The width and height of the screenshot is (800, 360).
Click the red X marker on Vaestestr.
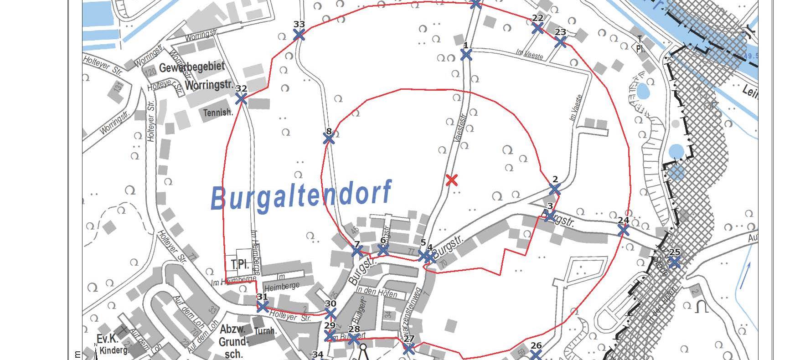(451, 180)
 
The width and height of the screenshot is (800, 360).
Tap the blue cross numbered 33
(299, 34)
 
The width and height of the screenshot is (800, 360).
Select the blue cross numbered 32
(241, 98)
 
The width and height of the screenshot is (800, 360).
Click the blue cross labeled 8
(329, 138)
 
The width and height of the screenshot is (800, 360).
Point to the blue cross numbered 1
(466, 55)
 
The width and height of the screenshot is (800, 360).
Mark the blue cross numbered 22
(537, 28)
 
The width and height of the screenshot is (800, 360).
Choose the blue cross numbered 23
(561, 42)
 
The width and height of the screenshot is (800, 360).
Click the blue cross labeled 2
(554, 189)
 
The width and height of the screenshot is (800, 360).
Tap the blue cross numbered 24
(623, 230)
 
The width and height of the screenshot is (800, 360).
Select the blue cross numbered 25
(675, 262)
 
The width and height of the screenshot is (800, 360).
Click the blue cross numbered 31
(263, 306)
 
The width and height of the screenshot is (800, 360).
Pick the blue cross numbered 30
(330, 314)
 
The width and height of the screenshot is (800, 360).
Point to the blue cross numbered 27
(409, 349)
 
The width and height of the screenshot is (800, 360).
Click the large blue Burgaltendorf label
(301, 195)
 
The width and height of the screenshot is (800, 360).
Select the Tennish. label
(218, 112)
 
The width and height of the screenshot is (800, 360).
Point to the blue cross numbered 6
(383, 250)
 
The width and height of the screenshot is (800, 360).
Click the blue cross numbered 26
(536, 355)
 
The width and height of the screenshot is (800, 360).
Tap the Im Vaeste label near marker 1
(529, 54)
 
